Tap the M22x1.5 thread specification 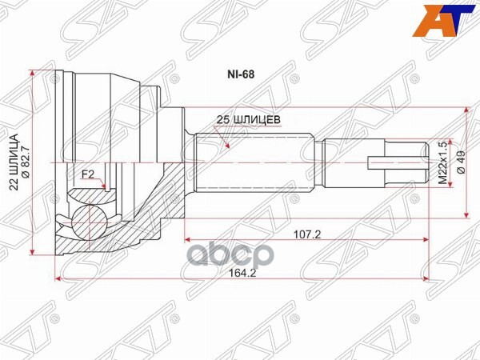442,163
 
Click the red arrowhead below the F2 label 106,188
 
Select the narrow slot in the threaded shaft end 392,163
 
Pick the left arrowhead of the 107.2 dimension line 188,238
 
